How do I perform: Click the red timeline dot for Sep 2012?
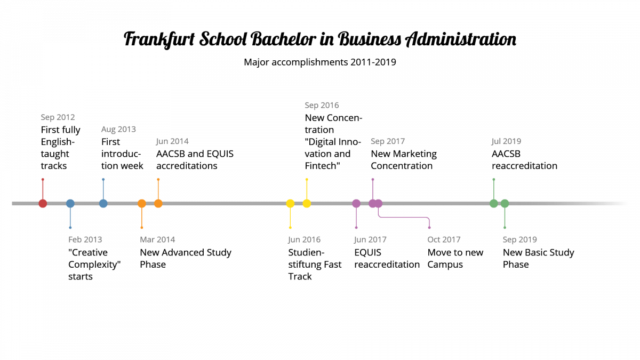pos(43,203)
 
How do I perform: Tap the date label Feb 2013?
pos(85,239)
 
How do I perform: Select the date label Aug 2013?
pos(118,130)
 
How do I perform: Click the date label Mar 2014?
pos(157,239)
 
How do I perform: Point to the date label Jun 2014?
pos(172,141)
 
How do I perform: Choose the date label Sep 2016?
pos(322,106)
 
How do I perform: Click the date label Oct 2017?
pos(444,239)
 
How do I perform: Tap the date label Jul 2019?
pos(506,141)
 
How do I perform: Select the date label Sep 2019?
pos(519,239)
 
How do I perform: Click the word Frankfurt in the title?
pos(159,39)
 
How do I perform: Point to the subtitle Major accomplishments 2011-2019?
pos(320,62)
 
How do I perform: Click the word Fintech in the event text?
pos(321,166)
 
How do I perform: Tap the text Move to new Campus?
pos(455,258)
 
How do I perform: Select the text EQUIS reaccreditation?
pos(387,258)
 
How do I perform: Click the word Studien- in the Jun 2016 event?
pos(306,252)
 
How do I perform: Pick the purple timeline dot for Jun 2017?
pos(356,203)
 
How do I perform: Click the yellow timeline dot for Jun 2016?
pos(290,203)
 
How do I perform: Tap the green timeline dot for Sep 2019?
pos(505,203)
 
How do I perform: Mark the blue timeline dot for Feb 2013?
pos(70,203)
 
